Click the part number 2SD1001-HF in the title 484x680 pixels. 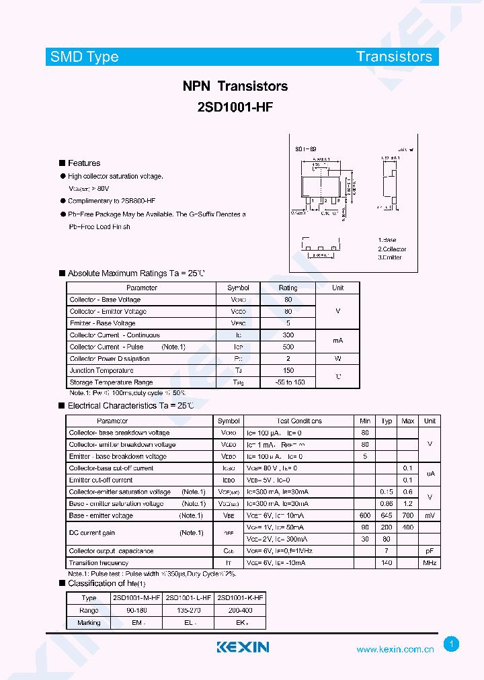(x=235, y=106)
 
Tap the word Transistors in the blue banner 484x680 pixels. (x=394, y=56)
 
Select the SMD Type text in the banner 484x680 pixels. (x=85, y=57)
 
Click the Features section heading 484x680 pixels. (x=84, y=163)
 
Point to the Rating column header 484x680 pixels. (x=288, y=288)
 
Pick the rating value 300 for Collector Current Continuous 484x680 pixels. (x=288, y=335)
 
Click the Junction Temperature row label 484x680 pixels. (x=102, y=370)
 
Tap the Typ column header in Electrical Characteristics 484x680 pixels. (x=387, y=421)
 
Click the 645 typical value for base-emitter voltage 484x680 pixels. (x=387, y=515)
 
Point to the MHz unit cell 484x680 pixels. (x=430, y=562)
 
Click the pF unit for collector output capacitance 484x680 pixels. (x=430, y=551)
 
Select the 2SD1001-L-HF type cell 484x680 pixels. (x=188, y=598)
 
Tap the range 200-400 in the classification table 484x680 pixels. (x=240, y=610)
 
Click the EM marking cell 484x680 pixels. (x=137, y=623)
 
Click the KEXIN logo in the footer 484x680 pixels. (x=243, y=647)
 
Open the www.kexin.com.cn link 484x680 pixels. (x=395, y=650)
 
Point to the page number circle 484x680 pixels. (x=452, y=644)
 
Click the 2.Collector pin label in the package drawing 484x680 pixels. (x=392, y=249)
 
